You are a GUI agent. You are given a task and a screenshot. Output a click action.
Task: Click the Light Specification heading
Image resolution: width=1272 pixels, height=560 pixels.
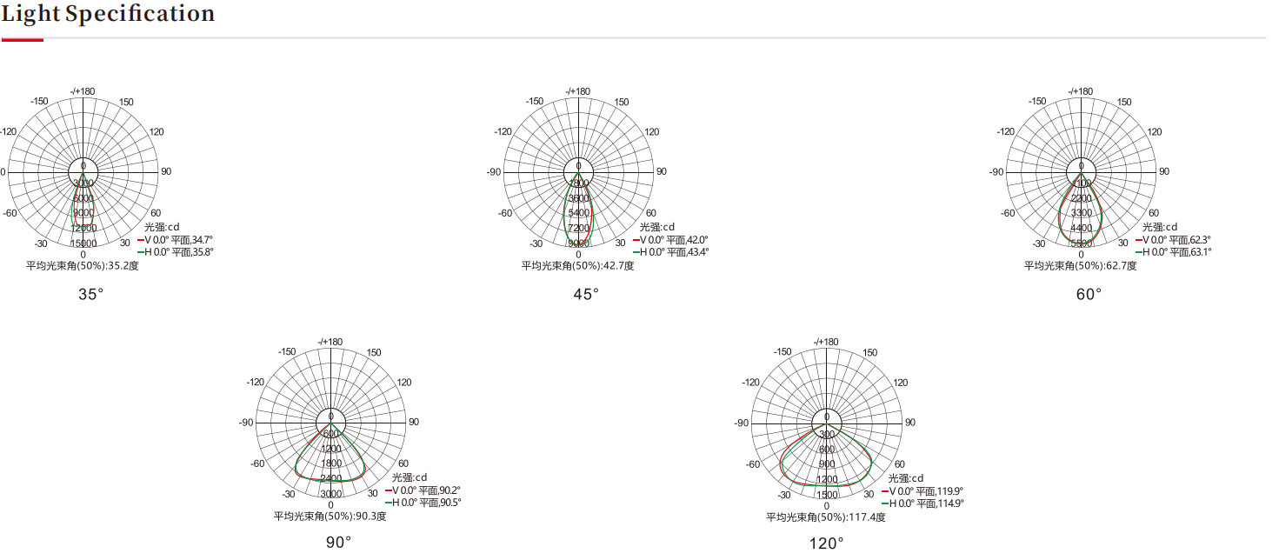(x=108, y=14)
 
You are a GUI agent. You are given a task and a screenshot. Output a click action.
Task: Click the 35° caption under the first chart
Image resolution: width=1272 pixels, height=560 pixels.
(x=91, y=294)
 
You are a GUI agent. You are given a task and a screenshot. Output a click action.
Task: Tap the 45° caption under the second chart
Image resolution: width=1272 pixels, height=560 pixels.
(x=586, y=294)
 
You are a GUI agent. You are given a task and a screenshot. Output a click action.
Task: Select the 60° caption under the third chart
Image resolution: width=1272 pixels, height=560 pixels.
(x=1089, y=294)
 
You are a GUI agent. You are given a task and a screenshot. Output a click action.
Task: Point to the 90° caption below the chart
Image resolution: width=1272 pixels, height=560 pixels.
(x=339, y=543)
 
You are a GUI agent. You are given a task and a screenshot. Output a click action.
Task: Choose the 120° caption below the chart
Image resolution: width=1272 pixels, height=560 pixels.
(x=827, y=543)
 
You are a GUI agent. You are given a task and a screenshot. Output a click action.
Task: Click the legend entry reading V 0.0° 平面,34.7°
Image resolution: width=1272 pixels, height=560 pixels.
(x=177, y=239)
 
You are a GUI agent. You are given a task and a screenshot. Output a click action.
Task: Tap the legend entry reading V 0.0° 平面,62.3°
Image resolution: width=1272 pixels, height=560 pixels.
(x=1175, y=239)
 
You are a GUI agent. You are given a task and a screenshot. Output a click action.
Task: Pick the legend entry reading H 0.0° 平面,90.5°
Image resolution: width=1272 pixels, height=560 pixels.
(x=425, y=502)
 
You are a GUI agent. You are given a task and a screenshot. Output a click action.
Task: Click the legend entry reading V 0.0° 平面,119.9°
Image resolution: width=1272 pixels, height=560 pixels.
(x=924, y=490)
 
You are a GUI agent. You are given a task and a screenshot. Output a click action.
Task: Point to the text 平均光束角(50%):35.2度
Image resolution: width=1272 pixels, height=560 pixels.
(x=83, y=265)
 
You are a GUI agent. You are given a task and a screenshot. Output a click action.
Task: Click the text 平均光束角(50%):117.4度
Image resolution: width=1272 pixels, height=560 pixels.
(x=826, y=517)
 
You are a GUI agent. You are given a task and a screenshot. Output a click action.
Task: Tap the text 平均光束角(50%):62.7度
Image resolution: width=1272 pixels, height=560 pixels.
(x=1081, y=265)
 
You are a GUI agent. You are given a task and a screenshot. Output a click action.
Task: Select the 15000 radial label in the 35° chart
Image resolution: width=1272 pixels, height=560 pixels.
(x=83, y=243)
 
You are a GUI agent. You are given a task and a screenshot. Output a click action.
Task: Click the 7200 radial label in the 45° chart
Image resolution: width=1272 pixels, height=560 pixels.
(x=578, y=228)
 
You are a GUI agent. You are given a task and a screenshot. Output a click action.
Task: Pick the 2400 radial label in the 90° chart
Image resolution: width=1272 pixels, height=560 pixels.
(x=330, y=478)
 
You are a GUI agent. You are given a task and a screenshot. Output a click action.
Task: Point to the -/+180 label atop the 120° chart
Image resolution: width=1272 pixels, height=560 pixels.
(x=826, y=342)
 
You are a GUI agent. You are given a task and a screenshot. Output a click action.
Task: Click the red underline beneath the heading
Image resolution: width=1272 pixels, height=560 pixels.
(x=22, y=39)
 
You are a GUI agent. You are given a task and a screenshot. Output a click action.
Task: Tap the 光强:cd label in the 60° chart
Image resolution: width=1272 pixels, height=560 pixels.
(x=1160, y=227)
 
